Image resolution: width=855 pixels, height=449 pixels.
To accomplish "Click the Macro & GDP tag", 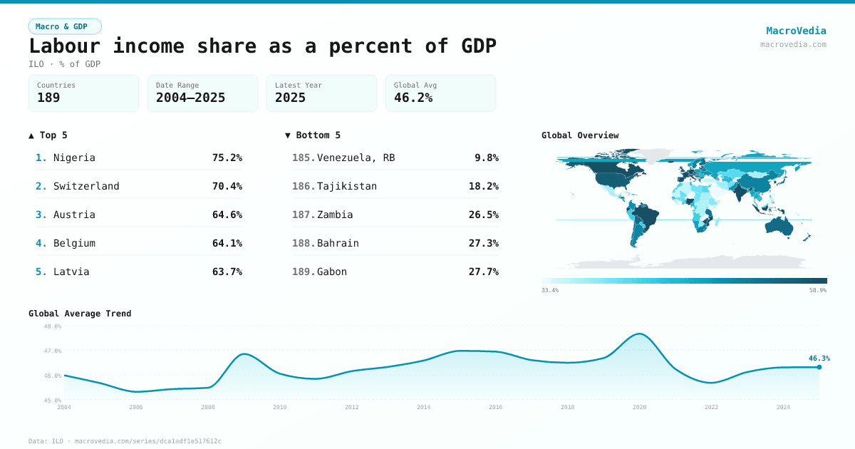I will (65, 26).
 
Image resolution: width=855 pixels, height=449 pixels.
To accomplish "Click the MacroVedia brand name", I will (796, 31).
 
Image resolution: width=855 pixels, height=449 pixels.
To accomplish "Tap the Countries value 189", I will (48, 98).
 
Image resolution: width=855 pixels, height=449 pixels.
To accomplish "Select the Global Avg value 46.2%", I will (413, 98).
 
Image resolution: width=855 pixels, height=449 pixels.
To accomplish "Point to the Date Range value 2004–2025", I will (190, 98).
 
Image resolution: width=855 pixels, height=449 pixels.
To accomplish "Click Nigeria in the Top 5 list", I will (74, 158).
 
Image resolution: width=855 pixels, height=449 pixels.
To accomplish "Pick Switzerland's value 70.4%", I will (227, 186).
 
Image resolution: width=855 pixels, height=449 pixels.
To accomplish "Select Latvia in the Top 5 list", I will (71, 272).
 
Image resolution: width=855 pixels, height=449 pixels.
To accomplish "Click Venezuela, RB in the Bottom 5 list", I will (356, 158).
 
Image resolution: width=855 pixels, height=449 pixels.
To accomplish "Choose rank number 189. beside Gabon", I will (304, 272).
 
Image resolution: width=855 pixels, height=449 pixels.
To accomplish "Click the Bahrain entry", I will (338, 243).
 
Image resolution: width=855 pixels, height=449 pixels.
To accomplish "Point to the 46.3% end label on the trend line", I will (819, 358).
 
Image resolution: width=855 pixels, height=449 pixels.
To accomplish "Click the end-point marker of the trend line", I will (819, 367).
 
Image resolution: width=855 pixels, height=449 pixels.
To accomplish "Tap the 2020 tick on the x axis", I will (639, 407).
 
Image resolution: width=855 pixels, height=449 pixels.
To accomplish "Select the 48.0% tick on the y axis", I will (53, 326).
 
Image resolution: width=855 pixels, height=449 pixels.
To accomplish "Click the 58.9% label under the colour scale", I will (817, 290).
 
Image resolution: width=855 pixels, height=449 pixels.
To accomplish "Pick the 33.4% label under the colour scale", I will (550, 290).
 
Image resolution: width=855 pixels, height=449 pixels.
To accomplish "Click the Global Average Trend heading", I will (80, 314).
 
